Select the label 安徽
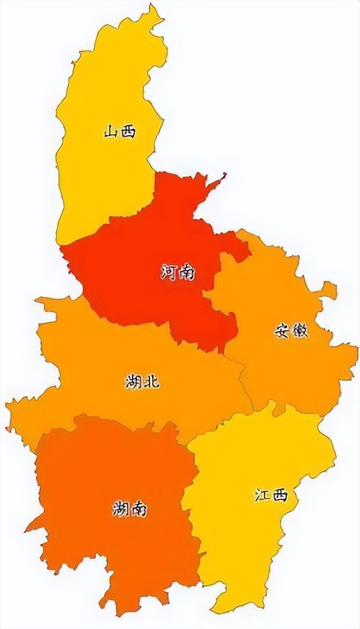click(x=292, y=331)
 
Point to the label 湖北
click(x=143, y=381)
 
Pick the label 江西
click(x=271, y=496)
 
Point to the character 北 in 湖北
click(x=152, y=381)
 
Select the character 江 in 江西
click(x=262, y=496)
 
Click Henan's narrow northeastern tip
click(x=222, y=176)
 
